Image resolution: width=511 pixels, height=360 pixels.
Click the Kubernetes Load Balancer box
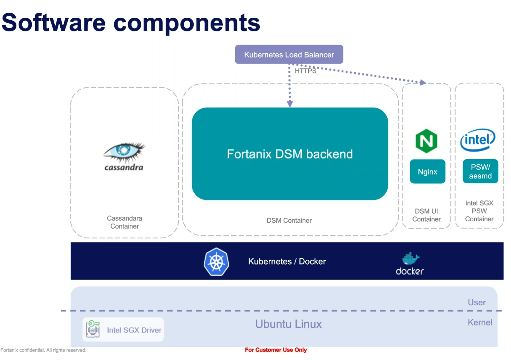click(x=289, y=54)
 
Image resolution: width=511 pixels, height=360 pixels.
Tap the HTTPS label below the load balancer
click(x=305, y=71)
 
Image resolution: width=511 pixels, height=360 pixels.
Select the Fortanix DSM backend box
click(x=290, y=154)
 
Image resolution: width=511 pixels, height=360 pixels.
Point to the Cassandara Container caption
click(x=124, y=222)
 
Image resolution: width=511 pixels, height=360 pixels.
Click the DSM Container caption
click(x=289, y=220)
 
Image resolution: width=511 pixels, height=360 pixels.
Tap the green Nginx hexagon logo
click(x=426, y=141)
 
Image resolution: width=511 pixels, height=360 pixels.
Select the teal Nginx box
click(x=427, y=171)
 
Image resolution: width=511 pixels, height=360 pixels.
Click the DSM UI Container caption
click(x=426, y=215)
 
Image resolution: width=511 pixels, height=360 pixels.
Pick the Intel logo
click(x=478, y=140)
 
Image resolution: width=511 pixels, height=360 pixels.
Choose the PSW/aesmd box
click(x=480, y=171)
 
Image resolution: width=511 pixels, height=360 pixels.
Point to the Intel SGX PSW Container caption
click(x=479, y=211)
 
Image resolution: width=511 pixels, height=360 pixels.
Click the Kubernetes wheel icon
click(x=216, y=262)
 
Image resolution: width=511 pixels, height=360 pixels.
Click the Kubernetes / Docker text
click(x=287, y=261)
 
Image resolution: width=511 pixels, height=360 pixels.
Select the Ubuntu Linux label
click(x=288, y=324)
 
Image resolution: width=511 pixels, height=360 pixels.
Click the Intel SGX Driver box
click(x=123, y=329)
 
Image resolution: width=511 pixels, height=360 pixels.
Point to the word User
click(x=476, y=302)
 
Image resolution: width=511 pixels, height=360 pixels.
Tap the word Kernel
click(x=480, y=322)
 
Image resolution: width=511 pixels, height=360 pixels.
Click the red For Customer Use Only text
click(x=276, y=350)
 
